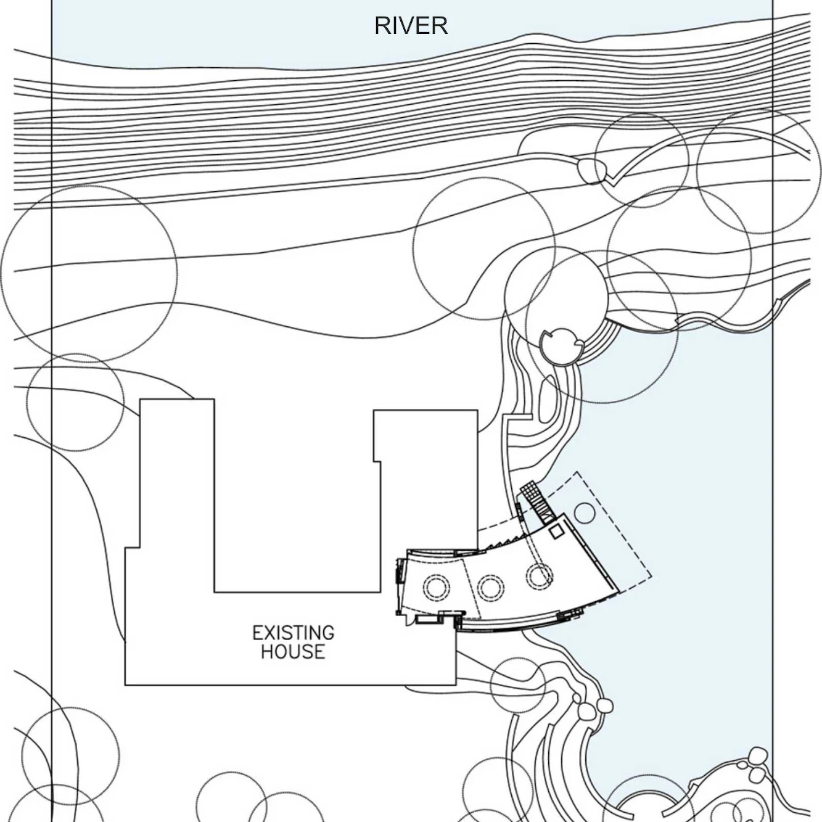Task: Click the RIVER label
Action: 411,25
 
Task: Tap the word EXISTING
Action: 293,633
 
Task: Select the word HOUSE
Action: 293,651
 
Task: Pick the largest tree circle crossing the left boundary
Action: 89,273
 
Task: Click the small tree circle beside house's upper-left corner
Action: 75,402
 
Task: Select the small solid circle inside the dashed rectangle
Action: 584,512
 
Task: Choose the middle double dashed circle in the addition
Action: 490,587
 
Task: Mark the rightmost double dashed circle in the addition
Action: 540,575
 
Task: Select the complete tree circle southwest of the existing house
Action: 70,755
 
